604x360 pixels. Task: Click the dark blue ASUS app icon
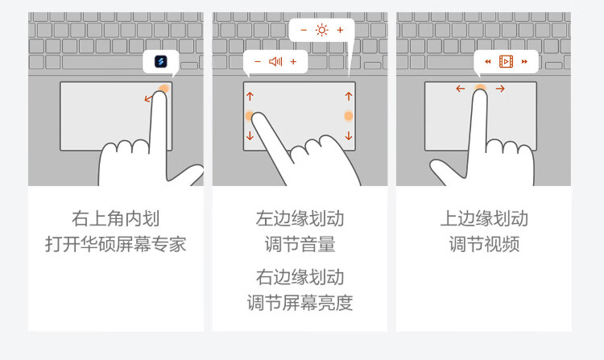coord(160,61)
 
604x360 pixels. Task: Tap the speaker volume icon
coord(275,61)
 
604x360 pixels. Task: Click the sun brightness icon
coord(321,30)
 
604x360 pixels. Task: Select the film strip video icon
coord(506,61)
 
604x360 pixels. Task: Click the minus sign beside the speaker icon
coord(258,61)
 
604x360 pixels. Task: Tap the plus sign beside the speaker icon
coord(293,61)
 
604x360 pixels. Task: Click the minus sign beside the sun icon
coord(304,30)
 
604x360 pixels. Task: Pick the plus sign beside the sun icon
coord(340,30)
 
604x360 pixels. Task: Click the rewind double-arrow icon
coord(488,61)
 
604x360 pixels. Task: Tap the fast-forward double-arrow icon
coord(524,61)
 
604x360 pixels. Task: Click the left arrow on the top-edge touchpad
coord(461,89)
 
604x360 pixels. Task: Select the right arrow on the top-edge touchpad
coord(500,89)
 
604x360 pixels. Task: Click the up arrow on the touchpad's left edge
coord(250,96)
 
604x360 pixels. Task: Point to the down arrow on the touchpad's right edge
coord(349,135)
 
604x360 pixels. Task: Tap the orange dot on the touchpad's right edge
coord(348,116)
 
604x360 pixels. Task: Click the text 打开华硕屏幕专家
coord(115,244)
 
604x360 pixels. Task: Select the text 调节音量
coord(300,244)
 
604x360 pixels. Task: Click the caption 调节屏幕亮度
coord(300,303)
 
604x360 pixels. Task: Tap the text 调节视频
coord(484,244)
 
